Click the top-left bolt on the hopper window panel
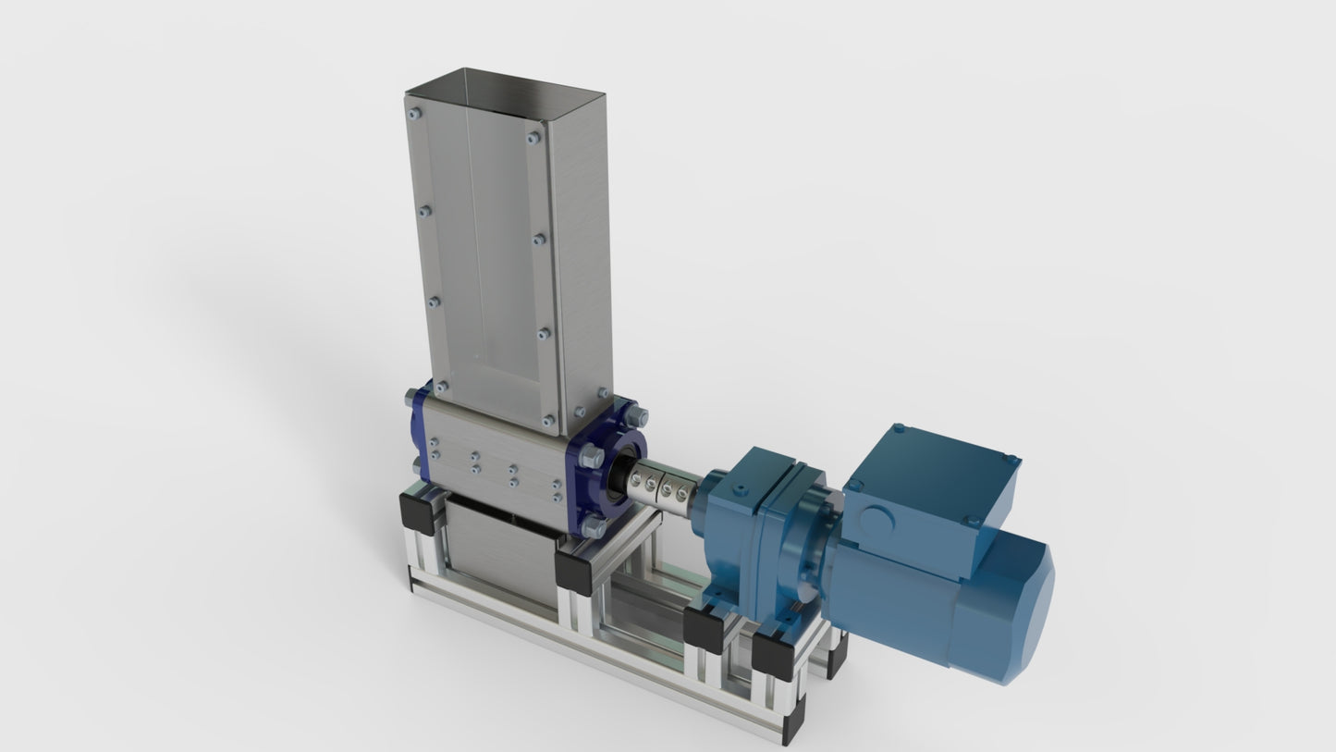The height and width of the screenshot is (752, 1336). (x=413, y=114)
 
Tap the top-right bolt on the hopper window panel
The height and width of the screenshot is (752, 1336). (x=533, y=138)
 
